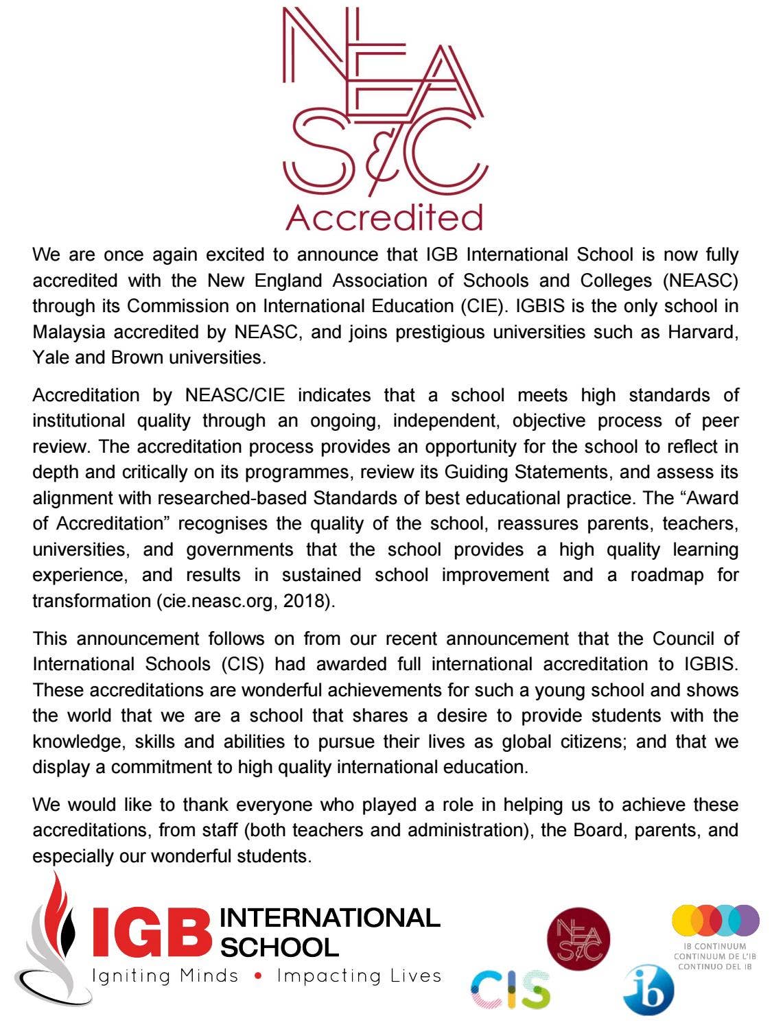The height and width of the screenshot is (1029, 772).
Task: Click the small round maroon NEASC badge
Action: [578, 938]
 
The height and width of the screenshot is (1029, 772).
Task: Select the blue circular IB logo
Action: [648, 990]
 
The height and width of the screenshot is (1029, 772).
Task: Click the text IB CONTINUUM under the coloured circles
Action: [714, 947]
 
